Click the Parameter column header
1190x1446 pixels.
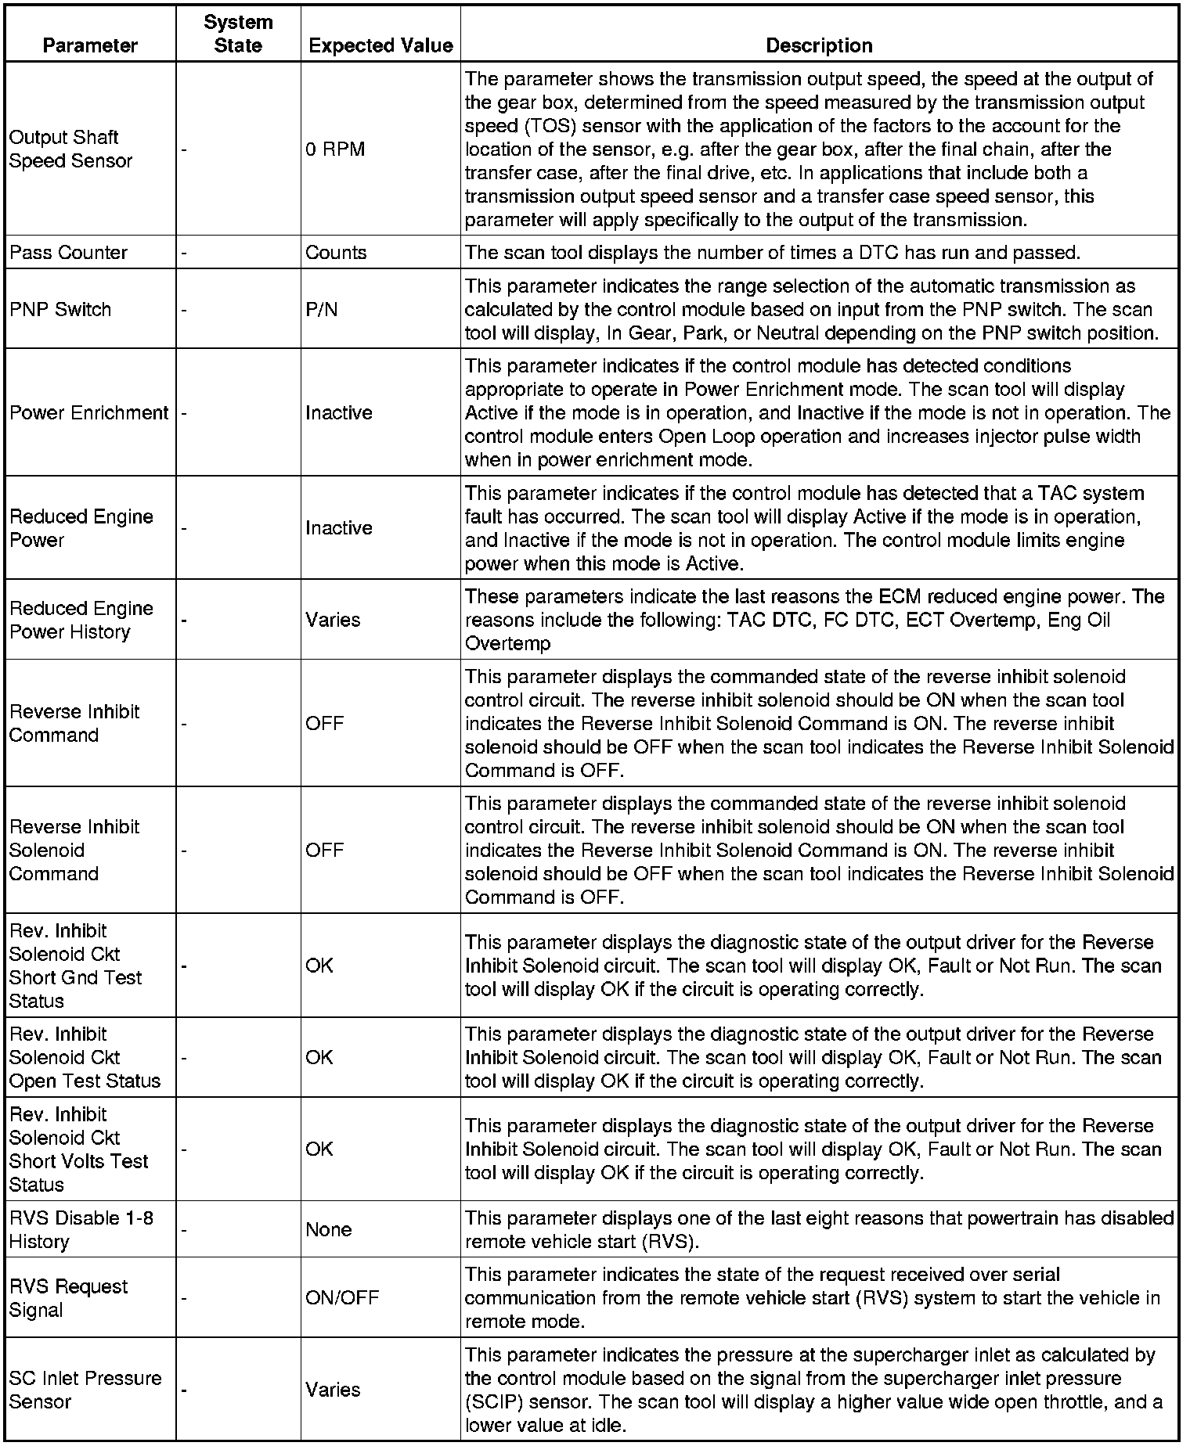90,45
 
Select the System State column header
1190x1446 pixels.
238,34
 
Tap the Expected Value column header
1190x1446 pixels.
380,45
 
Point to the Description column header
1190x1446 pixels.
819,45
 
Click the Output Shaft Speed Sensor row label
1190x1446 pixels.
71,149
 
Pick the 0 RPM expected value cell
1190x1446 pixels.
335,149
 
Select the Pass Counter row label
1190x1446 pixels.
68,253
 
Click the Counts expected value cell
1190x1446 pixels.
336,253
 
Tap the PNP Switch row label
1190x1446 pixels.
60,309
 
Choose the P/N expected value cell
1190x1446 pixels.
322,309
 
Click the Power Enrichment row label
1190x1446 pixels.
89,412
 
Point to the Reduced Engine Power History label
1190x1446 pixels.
81,620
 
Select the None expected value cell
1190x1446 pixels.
329,1229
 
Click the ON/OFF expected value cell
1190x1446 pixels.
342,1298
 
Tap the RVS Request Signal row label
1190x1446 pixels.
68,1298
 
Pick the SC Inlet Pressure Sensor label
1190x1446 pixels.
85,1390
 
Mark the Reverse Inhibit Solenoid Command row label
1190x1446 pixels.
74,850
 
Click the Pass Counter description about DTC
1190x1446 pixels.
772,253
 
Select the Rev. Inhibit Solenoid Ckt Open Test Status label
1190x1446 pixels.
85,1057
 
